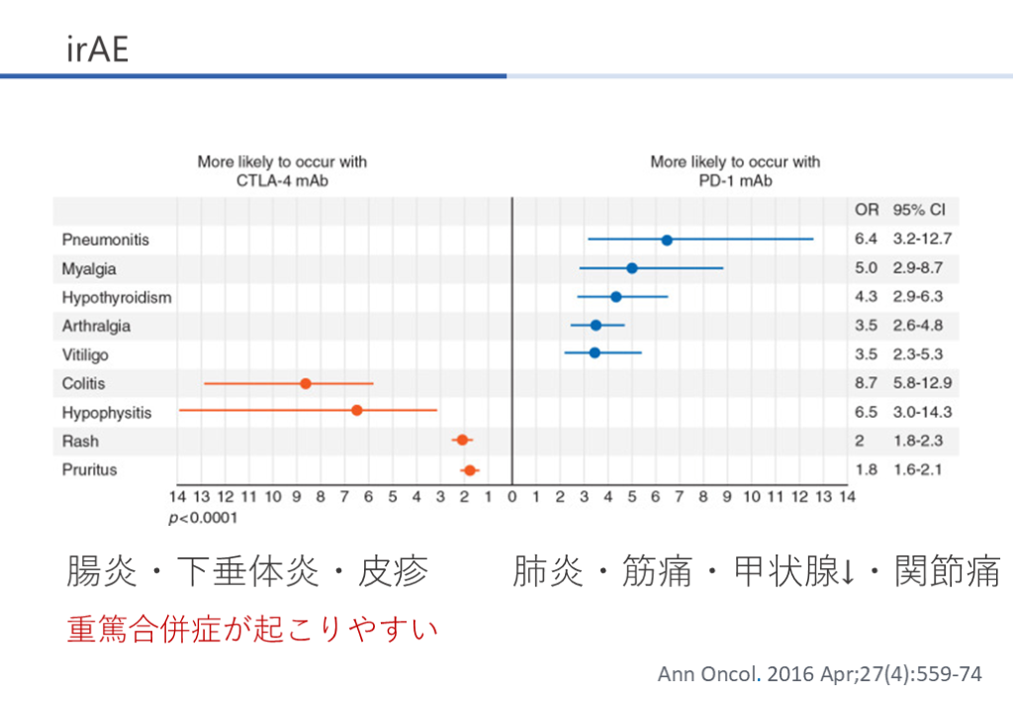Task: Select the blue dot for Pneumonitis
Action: [667, 240]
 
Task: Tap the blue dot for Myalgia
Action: [632, 268]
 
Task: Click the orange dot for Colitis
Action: [306, 383]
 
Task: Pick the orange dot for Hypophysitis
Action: [357, 411]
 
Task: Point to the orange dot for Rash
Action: [462, 440]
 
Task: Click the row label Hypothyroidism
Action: [117, 297]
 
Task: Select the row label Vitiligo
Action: [85, 354]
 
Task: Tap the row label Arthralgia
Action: [96, 326]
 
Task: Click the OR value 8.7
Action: [866, 383]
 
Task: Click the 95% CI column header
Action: [918, 211]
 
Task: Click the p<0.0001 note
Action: [204, 517]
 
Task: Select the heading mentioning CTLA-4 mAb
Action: [275, 171]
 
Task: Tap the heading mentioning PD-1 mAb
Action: [735, 171]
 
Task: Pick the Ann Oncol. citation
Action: [820, 674]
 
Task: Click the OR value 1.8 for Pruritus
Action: [866, 469]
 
